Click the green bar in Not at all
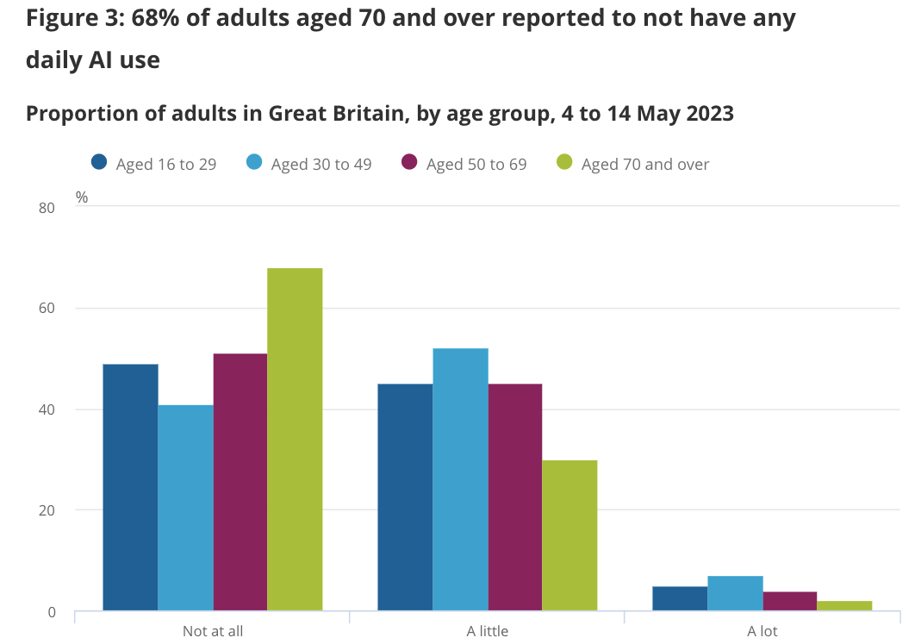pos(295,440)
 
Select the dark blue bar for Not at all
pos(130,487)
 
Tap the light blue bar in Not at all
pos(185,508)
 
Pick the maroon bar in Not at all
pos(240,482)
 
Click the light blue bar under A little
pos(460,479)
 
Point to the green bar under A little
pos(570,535)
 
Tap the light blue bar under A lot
pos(735,593)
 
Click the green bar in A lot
pos(844,606)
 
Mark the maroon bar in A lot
pos(789,601)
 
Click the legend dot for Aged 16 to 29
pos(99,162)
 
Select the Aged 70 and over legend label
pos(645,164)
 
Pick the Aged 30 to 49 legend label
pos(321,164)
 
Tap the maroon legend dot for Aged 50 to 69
pos(409,162)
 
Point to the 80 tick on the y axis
pos(47,208)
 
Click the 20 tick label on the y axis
pos(47,510)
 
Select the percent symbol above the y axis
pos(82,197)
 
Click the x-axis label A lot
pos(762,631)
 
